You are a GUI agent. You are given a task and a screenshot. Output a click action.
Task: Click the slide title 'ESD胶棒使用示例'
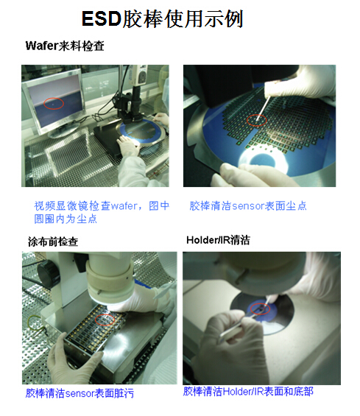point(163,19)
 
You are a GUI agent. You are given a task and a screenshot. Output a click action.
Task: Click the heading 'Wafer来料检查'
point(65,46)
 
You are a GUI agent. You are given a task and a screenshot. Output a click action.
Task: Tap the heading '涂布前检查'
point(53,242)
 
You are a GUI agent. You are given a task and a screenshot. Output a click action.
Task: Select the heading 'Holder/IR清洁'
point(218,240)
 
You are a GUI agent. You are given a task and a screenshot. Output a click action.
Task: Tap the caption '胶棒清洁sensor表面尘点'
point(248,206)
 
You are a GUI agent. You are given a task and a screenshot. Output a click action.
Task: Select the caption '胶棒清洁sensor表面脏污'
point(80,393)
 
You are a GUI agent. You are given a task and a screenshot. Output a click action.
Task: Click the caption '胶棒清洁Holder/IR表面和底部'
point(248,392)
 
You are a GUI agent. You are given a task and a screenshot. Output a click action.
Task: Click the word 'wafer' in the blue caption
point(124,206)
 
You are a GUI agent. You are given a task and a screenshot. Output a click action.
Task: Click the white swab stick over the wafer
point(263,108)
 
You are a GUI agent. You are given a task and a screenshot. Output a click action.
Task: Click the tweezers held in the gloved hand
point(240,324)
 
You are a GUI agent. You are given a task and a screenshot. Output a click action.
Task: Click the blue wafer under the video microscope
point(141,132)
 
